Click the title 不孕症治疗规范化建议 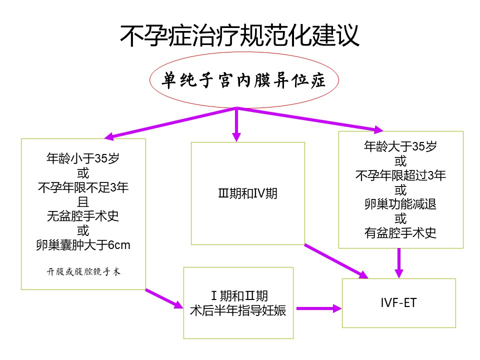pyautogui.click(x=239, y=35)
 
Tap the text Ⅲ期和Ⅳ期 pyautogui.click(x=247, y=193)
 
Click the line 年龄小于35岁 pyautogui.click(x=83, y=158)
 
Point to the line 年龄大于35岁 pyautogui.click(x=400, y=146)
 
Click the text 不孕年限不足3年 pyautogui.click(x=83, y=187)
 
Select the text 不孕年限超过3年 pyautogui.click(x=400, y=175)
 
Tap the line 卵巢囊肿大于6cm pyautogui.click(x=83, y=245)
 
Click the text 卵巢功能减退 pyautogui.click(x=400, y=204)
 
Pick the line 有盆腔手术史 pyautogui.click(x=400, y=233)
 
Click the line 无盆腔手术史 pyautogui.click(x=83, y=216)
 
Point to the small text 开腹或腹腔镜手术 pyautogui.click(x=83, y=271)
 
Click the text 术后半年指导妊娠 pyautogui.click(x=238, y=310)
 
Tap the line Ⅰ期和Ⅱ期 pyautogui.click(x=239, y=296)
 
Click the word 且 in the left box pyautogui.click(x=83, y=201)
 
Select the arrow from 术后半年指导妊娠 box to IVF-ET pyautogui.click(x=319, y=308)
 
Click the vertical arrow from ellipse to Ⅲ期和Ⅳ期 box pyautogui.click(x=236, y=124)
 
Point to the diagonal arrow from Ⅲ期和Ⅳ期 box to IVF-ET pyautogui.click(x=336, y=261)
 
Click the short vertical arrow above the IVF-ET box pyautogui.click(x=399, y=263)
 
